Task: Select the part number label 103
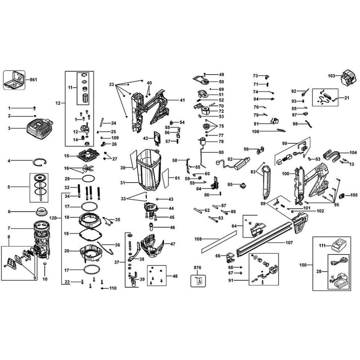tap(332, 76)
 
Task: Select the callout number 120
tap(53, 218)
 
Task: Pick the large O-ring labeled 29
tap(88, 178)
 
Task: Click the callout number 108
tap(198, 239)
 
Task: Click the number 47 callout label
tap(173, 244)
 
